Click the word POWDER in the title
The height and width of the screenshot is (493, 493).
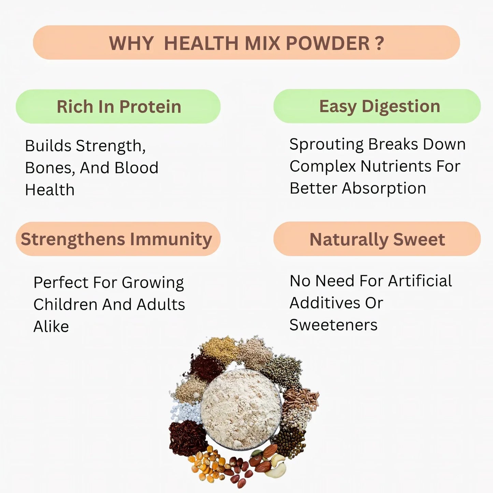coord(327,43)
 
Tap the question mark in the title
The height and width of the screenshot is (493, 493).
coord(379,43)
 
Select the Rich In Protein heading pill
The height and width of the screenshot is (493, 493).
coord(118,106)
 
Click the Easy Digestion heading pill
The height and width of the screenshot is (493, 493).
coord(377,106)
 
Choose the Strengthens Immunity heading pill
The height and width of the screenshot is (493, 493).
coord(118,239)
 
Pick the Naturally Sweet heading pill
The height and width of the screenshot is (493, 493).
coord(377,239)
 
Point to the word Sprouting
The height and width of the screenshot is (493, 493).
coord(326,145)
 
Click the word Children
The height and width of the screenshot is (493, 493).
coord(65,304)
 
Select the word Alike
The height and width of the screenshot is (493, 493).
coord(51,327)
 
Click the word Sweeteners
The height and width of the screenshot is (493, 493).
coord(333,325)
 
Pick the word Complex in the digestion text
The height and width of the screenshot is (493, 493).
coord(322,166)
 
